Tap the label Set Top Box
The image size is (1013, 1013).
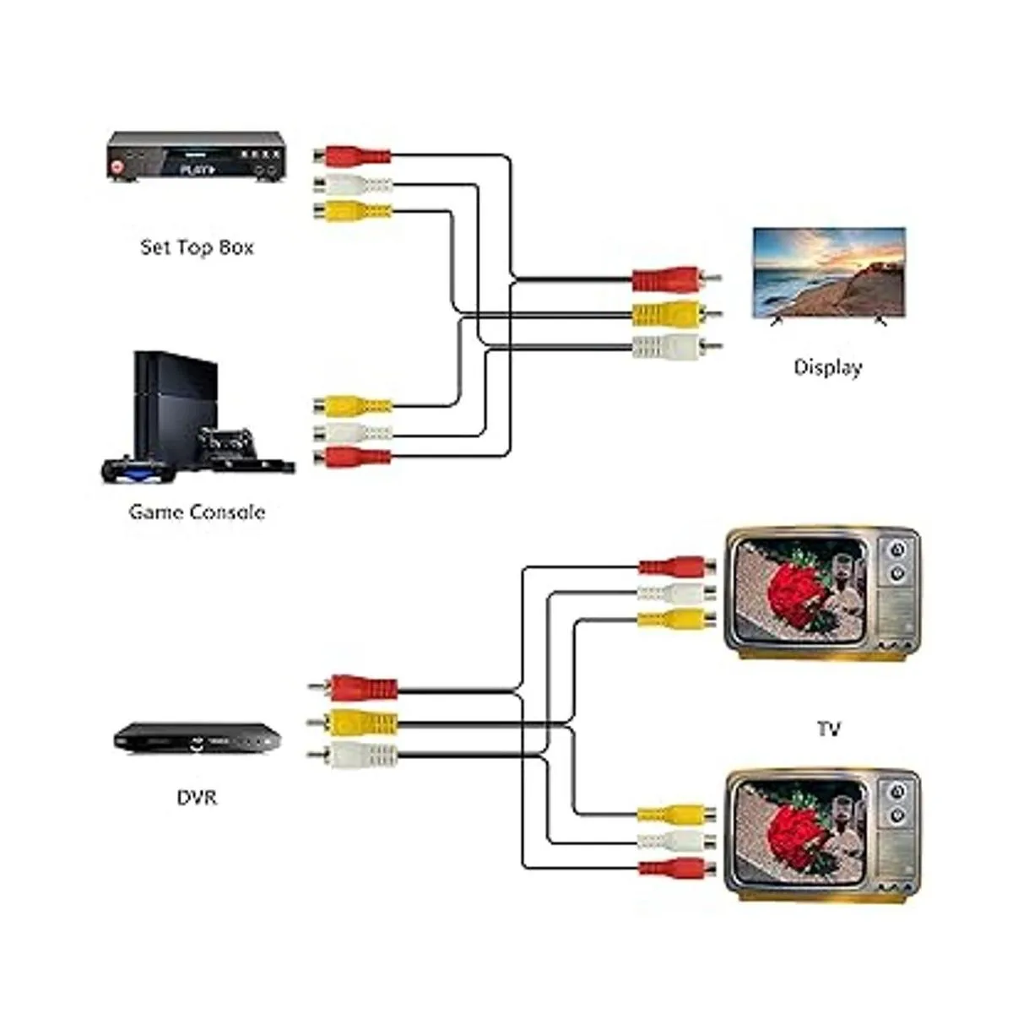[197, 247]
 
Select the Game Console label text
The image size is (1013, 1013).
[197, 512]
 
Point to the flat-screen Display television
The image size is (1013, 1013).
[828, 273]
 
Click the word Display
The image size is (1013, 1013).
[828, 367]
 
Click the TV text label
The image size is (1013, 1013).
[828, 728]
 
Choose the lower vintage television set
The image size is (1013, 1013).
[822, 832]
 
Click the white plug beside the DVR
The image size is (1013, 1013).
[358, 754]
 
